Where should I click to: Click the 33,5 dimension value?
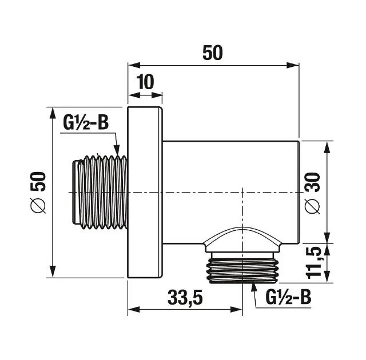tap(185, 298)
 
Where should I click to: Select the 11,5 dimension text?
tap(314, 262)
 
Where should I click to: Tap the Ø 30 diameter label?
tap(312, 193)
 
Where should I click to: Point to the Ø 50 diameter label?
tap(38, 193)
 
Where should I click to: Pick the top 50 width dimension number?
tap(213, 53)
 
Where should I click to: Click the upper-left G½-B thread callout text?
tap(86, 123)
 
